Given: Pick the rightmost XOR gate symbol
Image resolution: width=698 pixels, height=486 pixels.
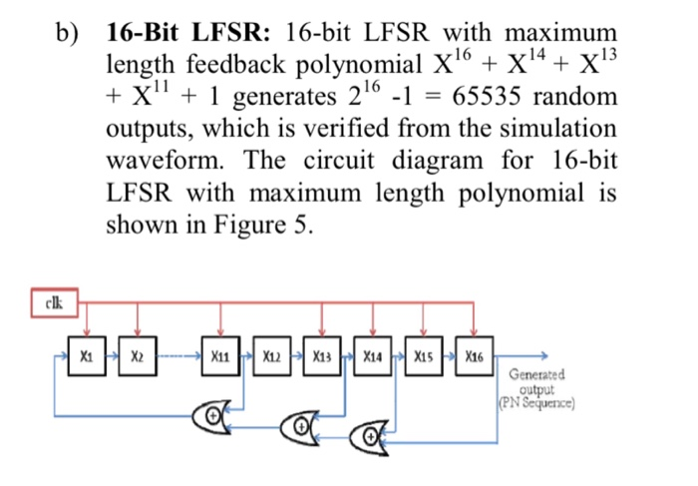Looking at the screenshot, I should [x=371, y=434].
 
